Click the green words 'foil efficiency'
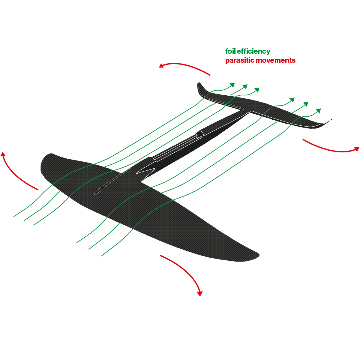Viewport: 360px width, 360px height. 248,51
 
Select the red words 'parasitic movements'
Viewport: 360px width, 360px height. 260,60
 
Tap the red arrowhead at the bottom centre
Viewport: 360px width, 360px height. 199,293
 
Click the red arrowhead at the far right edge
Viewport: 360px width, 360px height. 356,149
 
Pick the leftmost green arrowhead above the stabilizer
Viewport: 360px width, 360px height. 232,85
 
